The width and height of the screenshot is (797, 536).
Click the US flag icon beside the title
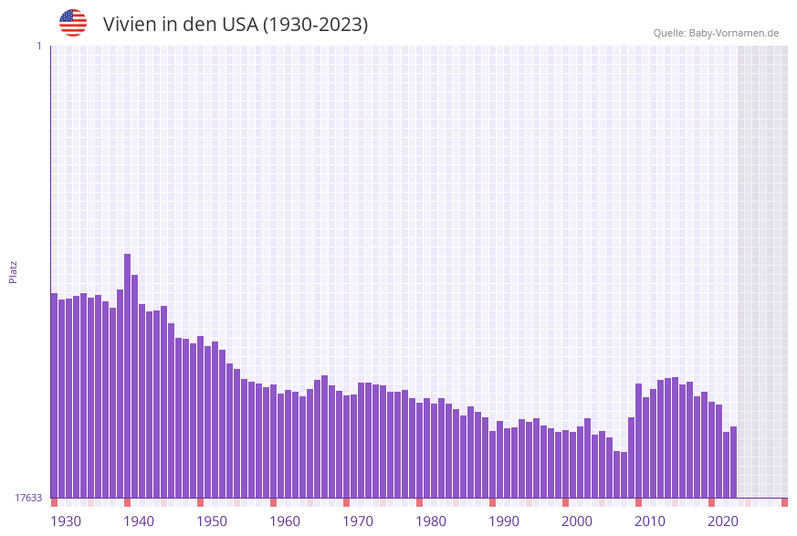tap(73, 23)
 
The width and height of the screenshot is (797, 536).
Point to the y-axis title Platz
tap(14, 271)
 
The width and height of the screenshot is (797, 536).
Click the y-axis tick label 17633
tap(28, 498)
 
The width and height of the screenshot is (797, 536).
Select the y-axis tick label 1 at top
tap(38, 46)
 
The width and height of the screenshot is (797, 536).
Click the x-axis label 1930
tap(66, 520)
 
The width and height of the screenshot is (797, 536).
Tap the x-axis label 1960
tap(285, 520)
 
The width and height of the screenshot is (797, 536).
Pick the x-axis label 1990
tap(504, 520)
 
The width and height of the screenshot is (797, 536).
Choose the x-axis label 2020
tap(723, 520)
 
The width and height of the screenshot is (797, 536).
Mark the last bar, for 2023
tap(733, 461)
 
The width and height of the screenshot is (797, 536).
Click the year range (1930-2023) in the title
tap(315, 25)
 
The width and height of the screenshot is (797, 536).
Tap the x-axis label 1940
tap(139, 520)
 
